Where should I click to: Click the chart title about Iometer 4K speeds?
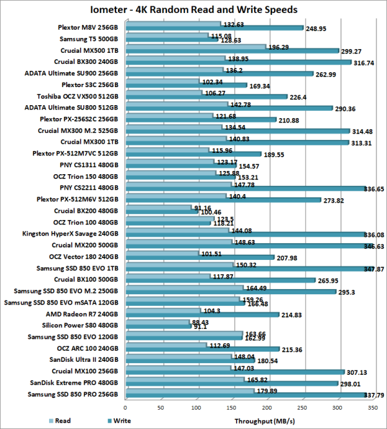point(193,10)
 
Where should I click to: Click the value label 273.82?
point(336,201)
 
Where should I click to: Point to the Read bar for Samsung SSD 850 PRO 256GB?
point(188,392)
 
